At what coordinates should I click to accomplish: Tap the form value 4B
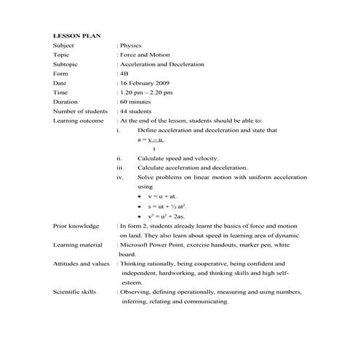click(x=124, y=73)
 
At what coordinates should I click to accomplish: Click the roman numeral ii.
click(x=120, y=158)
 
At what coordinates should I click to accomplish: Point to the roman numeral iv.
click(x=121, y=177)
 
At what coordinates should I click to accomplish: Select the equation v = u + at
click(x=163, y=196)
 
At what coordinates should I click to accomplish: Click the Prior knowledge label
click(x=76, y=226)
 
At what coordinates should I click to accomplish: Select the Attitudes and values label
click(x=81, y=264)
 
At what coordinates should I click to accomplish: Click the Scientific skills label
click(x=75, y=292)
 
